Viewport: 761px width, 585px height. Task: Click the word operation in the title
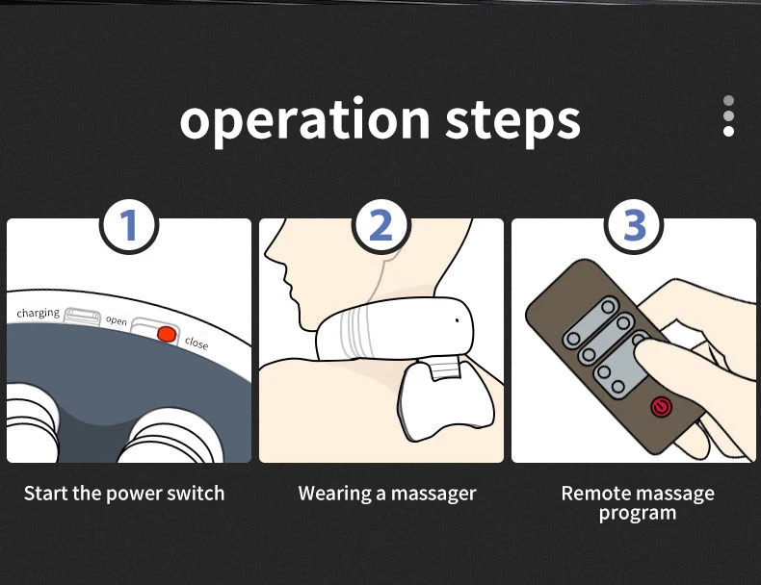click(x=304, y=120)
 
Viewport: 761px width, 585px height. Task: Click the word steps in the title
click(x=512, y=122)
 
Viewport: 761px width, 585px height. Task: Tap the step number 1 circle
click(x=129, y=225)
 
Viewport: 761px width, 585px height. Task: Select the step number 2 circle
click(x=381, y=225)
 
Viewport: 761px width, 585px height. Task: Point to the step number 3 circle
click(x=634, y=225)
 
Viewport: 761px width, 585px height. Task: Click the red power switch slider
click(x=167, y=334)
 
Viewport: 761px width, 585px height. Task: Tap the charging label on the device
click(x=38, y=313)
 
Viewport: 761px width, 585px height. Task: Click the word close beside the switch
click(x=197, y=343)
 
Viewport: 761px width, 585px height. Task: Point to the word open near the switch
click(x=117, y=320)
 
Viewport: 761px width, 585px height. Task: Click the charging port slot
click(x=83, y=316)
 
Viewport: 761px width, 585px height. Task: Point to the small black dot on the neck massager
click(x=457, y=320)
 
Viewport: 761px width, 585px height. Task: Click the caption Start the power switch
click(x=124, y=494)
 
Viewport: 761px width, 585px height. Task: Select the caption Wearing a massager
click(x=387, y=494)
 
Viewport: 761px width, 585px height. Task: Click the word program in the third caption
click(x=638, y=514)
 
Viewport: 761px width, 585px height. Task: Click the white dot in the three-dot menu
click(x=728, y=132)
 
